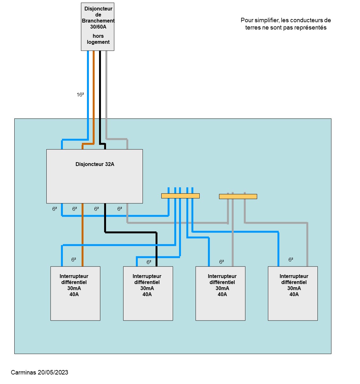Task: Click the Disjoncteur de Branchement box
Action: tap(97, 27)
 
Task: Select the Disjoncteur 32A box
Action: tap(94, 176)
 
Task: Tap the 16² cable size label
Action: tap(80, 95)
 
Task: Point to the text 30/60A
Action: tap(98, 27)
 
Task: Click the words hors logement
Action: tap(98, 39)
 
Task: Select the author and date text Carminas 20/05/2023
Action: tap(39, 372)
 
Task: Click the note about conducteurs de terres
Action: tap(286, 24)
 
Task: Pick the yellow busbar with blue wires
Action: tap(180, 196)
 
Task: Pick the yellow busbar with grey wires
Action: tap(238, 196)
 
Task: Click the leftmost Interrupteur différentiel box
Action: tap(75, 293)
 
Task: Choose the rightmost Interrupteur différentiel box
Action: tap(293, 293)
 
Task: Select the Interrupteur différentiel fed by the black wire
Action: tap(148, 293)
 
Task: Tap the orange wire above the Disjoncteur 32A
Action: tap(94, 95)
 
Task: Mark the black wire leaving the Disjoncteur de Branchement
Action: tap(100, 95)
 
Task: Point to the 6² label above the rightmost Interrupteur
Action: tap(291, 260)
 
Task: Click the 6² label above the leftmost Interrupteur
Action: tap(74, 260)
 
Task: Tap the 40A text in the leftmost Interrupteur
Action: tap(74, 295)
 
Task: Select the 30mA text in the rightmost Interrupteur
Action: tap(294, 288)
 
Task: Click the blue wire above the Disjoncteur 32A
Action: tap(88, 95)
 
